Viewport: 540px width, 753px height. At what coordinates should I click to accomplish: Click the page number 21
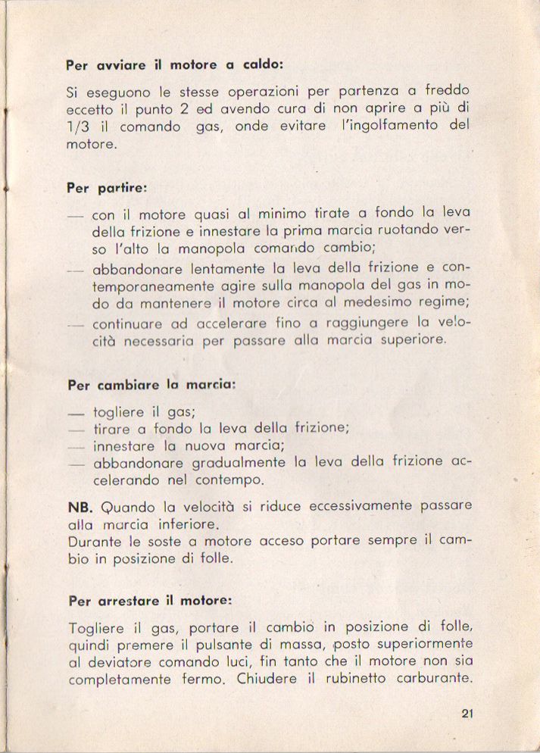coord(467,712)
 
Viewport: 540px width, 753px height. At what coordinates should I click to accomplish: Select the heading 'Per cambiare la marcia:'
coord(151,384)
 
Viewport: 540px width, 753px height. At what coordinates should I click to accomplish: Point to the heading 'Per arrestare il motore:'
coord(149,601)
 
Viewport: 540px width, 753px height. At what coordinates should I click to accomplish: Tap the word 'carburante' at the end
coord(435,679)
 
